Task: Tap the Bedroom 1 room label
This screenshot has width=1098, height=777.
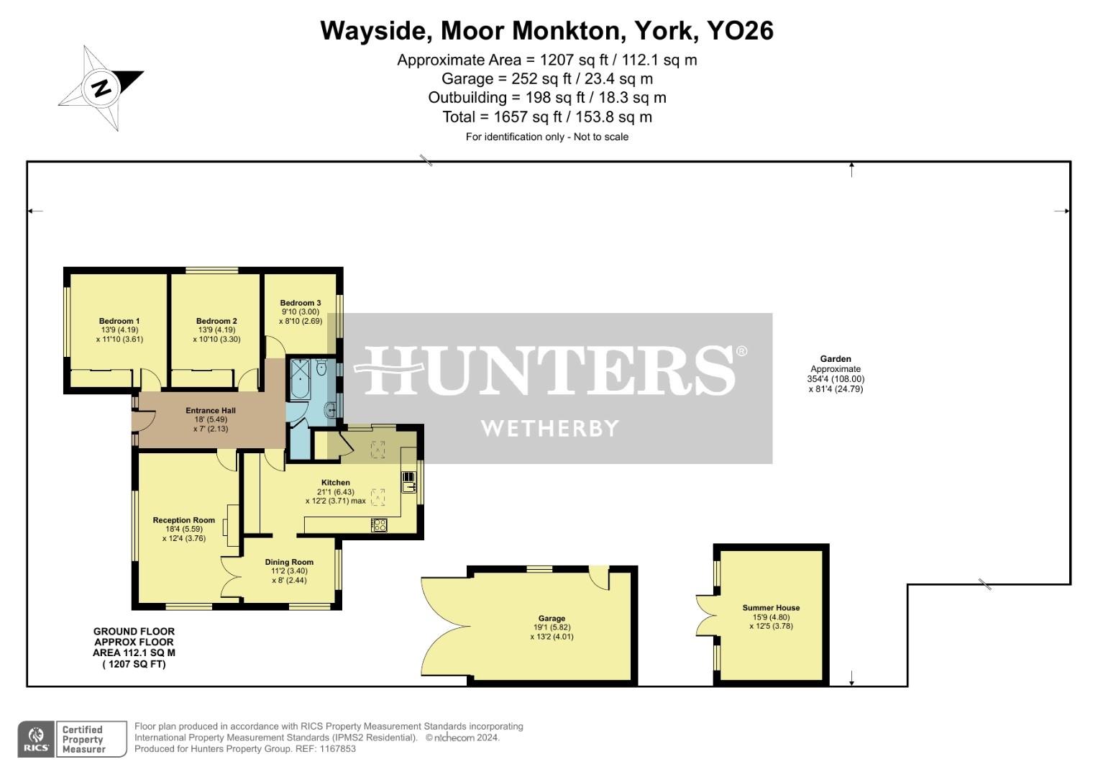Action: pos(119,321)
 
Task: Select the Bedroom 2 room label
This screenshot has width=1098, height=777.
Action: pos(216,321)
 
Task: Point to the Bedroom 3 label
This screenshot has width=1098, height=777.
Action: pos(301,303)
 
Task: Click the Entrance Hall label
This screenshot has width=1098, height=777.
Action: pos(211,411)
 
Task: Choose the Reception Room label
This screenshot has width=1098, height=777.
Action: pos(184,520)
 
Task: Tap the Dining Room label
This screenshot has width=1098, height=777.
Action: pos(289,562)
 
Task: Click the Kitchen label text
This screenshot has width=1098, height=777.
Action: pos(336,483)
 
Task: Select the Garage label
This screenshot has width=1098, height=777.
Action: pos(552,618)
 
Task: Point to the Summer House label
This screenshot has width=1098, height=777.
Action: pos(771,608)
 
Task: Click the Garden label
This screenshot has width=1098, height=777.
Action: pos(836,359)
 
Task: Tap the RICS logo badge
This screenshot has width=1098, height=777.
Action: pos(35,739)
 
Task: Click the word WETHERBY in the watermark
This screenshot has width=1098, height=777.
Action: pos(549,429)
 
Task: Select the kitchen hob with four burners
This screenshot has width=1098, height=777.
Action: pos(379,525)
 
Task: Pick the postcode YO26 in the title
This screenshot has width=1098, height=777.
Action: pos(740,31)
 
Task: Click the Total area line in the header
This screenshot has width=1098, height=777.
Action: pos(547,117)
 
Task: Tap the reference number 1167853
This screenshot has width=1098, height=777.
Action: pos(338,749)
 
